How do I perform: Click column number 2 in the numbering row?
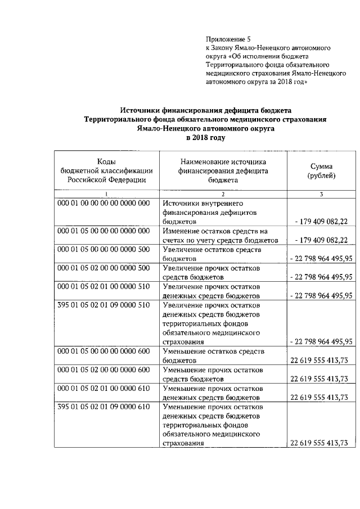[x=223, y=194]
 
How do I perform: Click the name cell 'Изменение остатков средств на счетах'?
[x=221, y=236]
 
